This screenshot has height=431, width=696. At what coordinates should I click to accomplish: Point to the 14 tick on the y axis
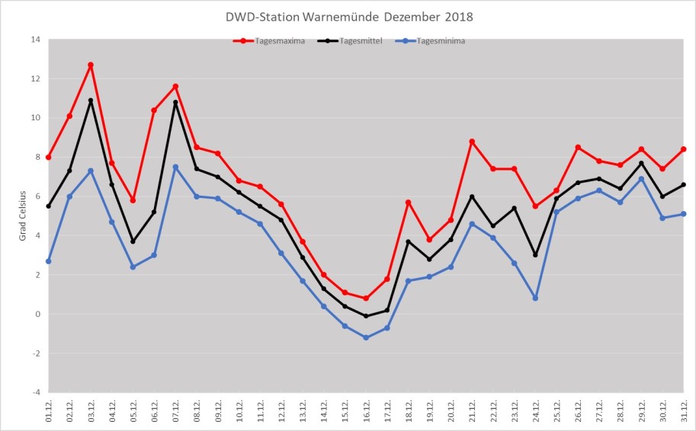pyautogui.click(x=34, y=39)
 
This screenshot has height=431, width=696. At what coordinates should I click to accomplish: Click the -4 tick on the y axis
pyautogui.click(x=34, y=392)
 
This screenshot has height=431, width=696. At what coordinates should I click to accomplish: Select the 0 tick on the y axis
pyautogui.click(x=37, y=314)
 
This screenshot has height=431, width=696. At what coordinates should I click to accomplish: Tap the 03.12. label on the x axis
pyautogui.click(x=91, y=412)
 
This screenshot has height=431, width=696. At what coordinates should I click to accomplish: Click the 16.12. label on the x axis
pyautogui.click(x=366, y=412)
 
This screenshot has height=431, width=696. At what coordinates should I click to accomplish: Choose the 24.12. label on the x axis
pyautogui.click(x=535, y=412)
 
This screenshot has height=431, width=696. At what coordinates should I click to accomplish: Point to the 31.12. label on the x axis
pyautogui.click(x=684, y=412)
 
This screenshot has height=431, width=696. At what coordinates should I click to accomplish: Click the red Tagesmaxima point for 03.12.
pyautogui.click(x=91, y=65)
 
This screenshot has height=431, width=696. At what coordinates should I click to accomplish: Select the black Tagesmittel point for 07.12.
pyautogui.click(x=175, y=102)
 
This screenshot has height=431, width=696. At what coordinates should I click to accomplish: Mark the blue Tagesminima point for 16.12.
pyautogui.click(x=366, y=337)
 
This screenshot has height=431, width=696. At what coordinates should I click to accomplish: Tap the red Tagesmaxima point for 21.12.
pyautogui.click(x=472, y=141)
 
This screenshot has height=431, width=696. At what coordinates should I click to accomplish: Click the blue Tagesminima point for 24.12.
pyautogui.click(x=535, y=298)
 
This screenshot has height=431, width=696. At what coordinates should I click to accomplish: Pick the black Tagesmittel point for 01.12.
pyautogui.click(x=49, y=206)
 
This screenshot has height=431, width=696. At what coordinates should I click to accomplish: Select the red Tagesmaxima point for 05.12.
pyautogui.click(x=133, y=200)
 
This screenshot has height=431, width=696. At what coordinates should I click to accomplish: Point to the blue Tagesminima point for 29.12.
pyautogui.click(x=641, y=178)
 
